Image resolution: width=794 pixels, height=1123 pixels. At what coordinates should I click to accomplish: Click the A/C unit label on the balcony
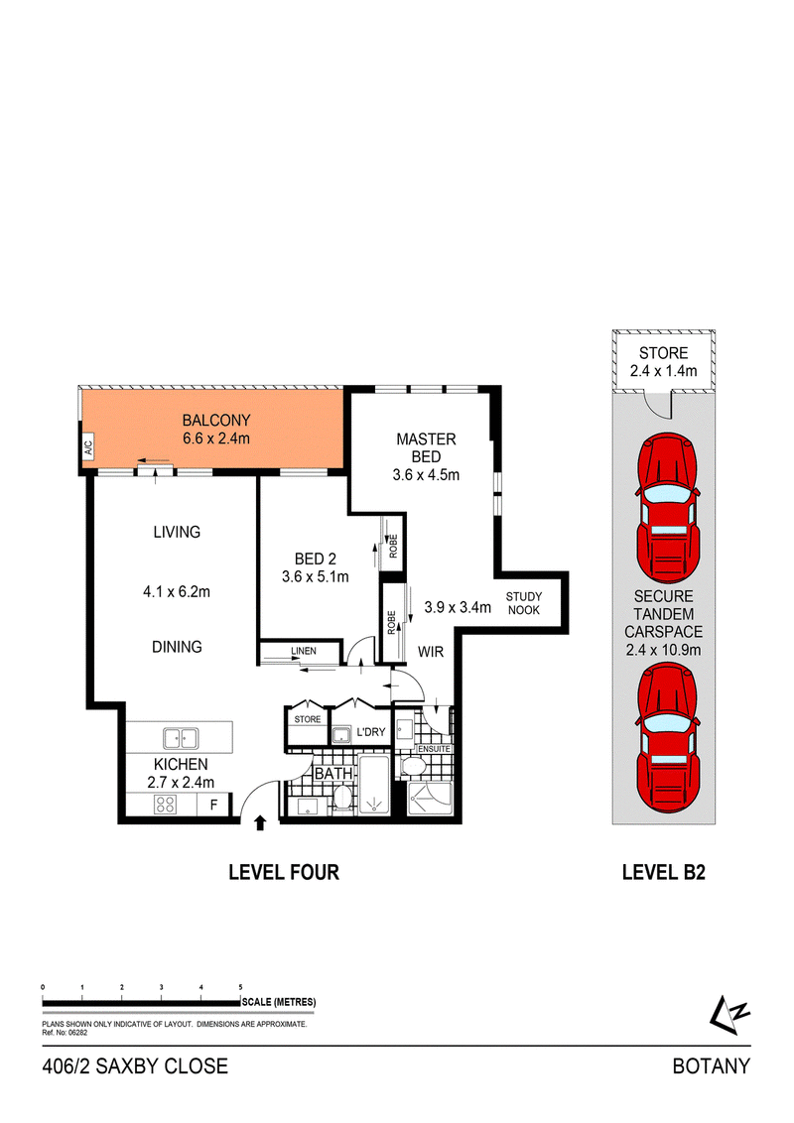89,448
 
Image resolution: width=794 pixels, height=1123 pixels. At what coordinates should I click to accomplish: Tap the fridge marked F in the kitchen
213,805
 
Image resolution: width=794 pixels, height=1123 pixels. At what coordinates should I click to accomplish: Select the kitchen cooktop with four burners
166,805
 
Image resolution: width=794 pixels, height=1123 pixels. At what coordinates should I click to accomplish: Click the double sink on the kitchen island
181,738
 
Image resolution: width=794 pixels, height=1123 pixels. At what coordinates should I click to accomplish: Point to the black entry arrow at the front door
260,823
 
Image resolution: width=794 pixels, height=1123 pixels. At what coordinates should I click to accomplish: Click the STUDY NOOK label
524,603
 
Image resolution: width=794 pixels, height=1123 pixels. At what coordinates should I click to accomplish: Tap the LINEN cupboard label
304,651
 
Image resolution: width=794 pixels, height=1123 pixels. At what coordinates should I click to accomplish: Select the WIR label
431,652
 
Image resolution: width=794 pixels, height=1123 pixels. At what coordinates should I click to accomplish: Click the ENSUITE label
434,749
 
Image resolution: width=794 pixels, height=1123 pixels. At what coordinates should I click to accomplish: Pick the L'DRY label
371,732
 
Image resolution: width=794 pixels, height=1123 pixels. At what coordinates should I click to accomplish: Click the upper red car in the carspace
667,508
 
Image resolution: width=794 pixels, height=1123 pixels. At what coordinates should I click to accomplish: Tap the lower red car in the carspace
667,738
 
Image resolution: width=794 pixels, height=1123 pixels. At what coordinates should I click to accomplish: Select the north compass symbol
728,1015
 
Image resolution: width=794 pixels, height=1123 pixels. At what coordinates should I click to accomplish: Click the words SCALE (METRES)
279,1002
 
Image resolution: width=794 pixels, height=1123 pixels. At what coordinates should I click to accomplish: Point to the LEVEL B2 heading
664,872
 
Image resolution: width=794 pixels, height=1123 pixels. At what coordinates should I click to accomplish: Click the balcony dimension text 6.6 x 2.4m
216,438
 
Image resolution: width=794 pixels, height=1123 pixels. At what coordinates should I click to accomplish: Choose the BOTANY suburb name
711,1066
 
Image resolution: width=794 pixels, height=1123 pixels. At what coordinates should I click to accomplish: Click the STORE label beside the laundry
308,719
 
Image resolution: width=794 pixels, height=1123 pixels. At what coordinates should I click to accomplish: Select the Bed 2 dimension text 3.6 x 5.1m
316,576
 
